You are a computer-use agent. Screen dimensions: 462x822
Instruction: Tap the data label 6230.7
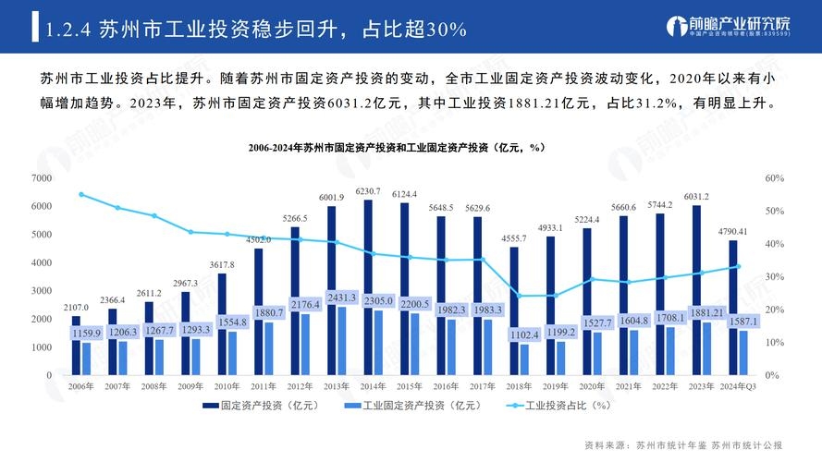pyautogui.click(x=368, y=191)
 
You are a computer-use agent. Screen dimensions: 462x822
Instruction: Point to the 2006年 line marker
pyautogui.click(x=81, y=194)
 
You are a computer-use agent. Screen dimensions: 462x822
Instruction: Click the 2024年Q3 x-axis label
pyautogui.click(x=738, y=385)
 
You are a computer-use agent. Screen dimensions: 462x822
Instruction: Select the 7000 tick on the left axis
pyautogui.click(x=42, y=177)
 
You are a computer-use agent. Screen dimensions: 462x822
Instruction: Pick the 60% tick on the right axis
pyautogui.click(x=774, y=177)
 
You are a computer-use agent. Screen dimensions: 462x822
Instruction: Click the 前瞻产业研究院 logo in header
pyautogui.click(x=730, y=26)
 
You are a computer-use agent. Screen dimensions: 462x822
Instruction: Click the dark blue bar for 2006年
pyautogui.click(x=76, y=346)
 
